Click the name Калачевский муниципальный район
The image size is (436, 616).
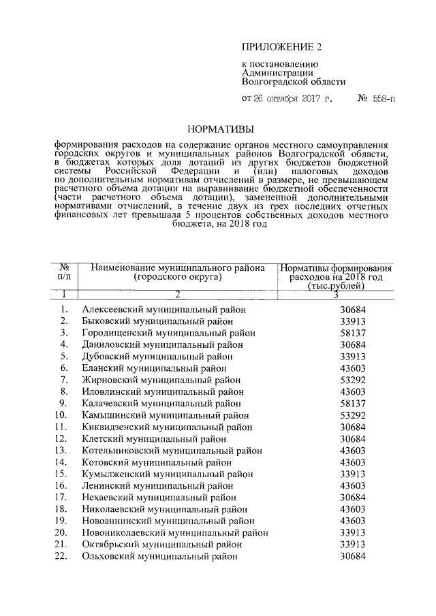[161, 404]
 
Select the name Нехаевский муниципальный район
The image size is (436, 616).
[157, 498]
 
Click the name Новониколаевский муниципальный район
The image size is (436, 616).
[174, 533]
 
